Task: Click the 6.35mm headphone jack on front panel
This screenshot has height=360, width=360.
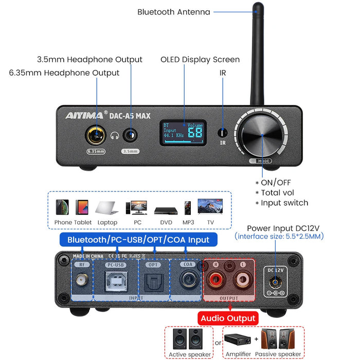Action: [x=96, y=135]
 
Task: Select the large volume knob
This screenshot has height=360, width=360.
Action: [x=261, y=135]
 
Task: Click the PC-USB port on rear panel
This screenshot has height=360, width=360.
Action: [x=115, y=281]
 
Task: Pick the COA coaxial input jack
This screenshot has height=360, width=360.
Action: [x=187, y=281]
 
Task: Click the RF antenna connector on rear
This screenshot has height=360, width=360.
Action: [x=81, y=281]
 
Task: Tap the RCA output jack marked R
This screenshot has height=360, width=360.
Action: [x=214, y=281]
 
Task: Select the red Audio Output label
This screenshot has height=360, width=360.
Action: [x=227, y=318]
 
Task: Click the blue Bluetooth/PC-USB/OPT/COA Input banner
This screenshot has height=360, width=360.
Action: [x=138, y=240]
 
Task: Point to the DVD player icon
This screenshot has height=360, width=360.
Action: [x=166, y=211]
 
